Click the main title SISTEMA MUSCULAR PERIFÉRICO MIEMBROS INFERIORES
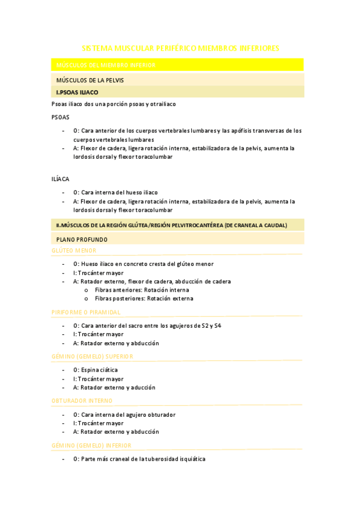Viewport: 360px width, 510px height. (x=180, y=48)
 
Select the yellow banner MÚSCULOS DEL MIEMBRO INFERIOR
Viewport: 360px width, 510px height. (x=105, y=65)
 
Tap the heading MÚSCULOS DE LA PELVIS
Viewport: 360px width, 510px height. (x=90, y=80)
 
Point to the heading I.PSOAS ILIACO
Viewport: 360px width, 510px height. (x=77, y=93)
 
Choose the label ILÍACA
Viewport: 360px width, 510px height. (x=61, y=179)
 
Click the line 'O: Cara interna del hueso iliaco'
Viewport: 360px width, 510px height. (x=115, y=192)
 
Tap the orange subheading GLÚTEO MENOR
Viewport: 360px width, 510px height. (x=74, y=251)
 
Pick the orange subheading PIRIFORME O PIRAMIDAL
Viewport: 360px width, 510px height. (x=86, y=313)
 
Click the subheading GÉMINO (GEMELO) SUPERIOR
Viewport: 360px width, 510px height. (x=93, y=357)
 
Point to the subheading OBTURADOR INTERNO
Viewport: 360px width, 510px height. (x=82, y=401)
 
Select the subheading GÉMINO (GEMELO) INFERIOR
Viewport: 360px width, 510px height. (x=92, y=446)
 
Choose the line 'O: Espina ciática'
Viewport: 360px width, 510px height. (x=96, y=370)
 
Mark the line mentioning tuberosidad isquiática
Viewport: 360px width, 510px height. (x=139, y=459)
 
